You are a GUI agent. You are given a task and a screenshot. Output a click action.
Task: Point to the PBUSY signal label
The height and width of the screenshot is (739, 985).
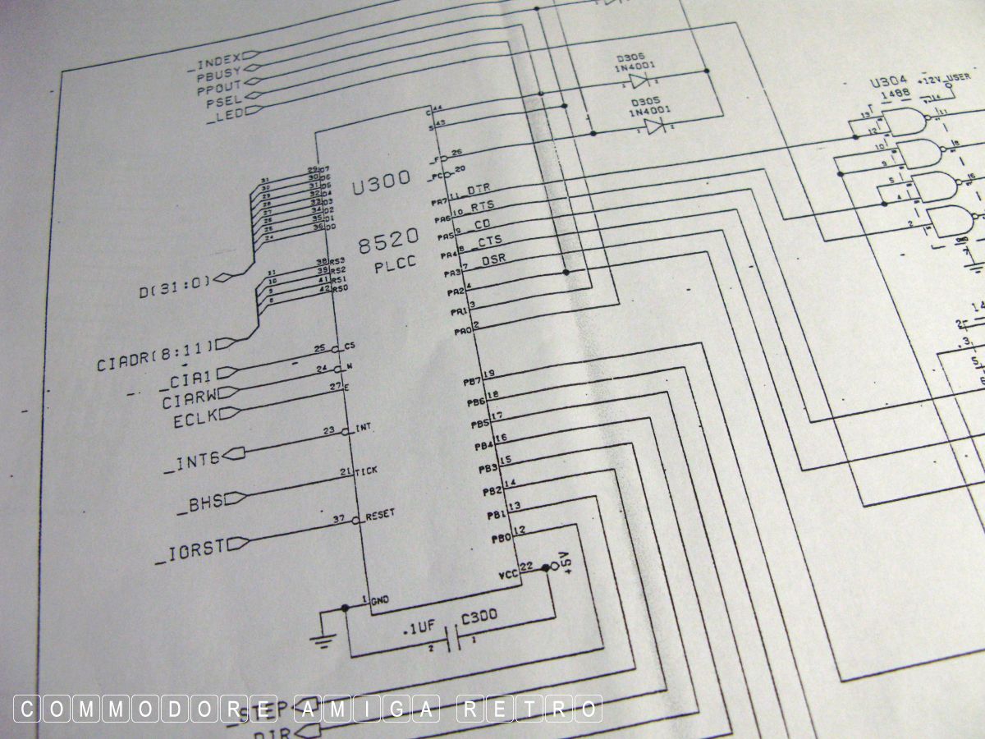click(219, 71)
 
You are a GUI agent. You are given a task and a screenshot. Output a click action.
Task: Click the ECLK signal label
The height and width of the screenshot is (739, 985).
click(194, 420)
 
